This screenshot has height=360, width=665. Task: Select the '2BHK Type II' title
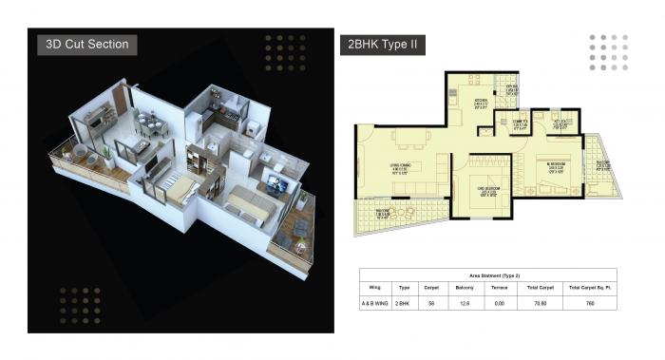(x=380, y=45)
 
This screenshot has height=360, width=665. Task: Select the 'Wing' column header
(x=376, y=285)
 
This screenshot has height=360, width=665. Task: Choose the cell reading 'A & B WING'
(x=376, y=304)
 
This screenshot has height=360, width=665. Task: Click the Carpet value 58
(x=431, y=304)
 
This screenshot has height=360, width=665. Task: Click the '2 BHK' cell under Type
(x=404, y=304)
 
